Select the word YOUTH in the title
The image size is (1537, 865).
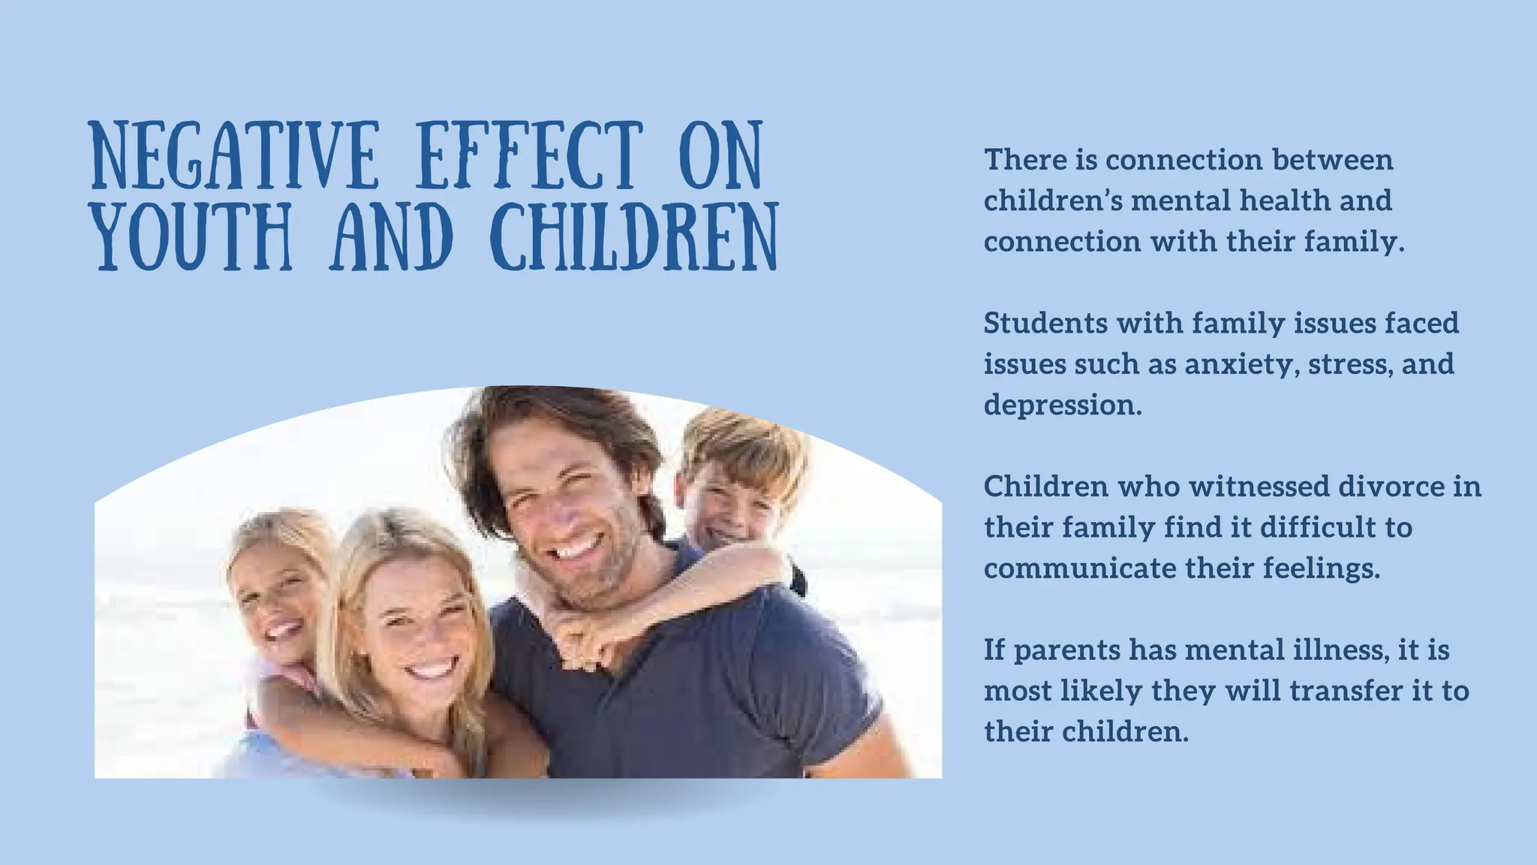tap(192, 236)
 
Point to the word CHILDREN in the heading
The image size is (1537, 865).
tap(635, 236)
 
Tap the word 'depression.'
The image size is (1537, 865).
tap(1063, 405)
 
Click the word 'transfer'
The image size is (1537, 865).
tap(1346, 691)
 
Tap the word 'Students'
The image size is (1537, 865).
tap(1045, 324)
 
